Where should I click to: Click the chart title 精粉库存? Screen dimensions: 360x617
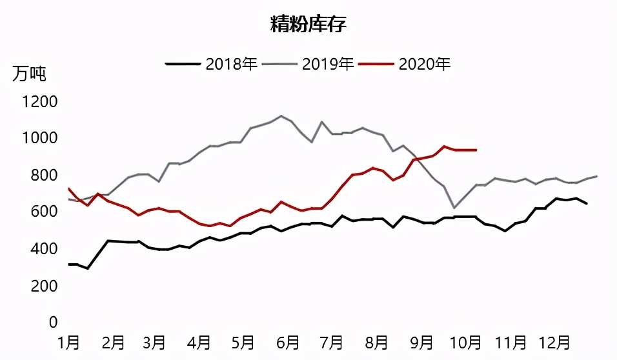(x=308, y=25)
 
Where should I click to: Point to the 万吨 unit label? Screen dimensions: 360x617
(x=29, y=74)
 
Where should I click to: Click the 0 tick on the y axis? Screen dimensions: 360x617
(x=54, y=322)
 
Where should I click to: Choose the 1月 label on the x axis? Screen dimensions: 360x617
(x=69, y=342)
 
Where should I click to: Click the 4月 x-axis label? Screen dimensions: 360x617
(x=201, y=342)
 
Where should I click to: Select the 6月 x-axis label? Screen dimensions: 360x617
(x=288, y=342)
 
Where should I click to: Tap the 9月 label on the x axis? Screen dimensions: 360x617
(x=421, y=342)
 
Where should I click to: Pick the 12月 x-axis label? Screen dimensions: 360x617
(x=555, y=342)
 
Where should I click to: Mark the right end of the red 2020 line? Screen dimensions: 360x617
(x=476, y=150)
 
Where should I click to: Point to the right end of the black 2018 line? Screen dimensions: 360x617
(x=586, y=203)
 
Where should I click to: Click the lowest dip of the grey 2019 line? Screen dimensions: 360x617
(x=454, y=208)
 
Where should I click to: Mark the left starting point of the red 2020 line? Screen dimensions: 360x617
(x=68, y=188)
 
